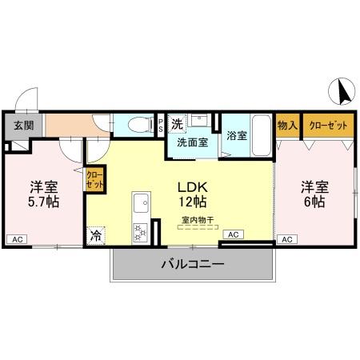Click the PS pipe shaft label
pos(161,125)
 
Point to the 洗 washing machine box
pos(178,123)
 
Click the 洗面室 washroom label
pos(192,142)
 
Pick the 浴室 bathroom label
pos(236,135)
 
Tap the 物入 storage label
pos(287,126)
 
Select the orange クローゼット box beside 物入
pos(328,126)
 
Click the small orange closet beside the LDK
pos(94,178)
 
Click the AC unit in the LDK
pos(232,234)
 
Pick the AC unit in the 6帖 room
pos(286,239)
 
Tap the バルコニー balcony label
pos(192,264)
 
